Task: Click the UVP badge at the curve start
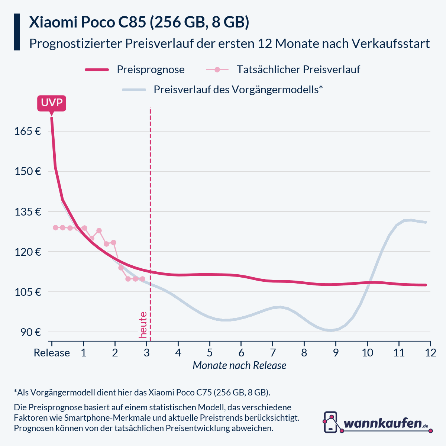(x=52, y=103)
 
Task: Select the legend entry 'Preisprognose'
(x=151, y=70)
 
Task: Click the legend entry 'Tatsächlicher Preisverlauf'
(x=298, y=70)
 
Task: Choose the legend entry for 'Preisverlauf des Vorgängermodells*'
(x=238, y=90)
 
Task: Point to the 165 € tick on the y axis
(x=28, y=131)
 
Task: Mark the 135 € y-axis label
(x=28, y=212)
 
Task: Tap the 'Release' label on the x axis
(x=52, y=353)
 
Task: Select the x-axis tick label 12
(x=430, y=353)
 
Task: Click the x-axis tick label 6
(x=241, y=353)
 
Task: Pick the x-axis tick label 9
(x=336, y=353)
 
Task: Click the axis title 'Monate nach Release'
(x=239, y=366)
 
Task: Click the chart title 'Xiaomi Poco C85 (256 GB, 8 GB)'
(x=139, y=22)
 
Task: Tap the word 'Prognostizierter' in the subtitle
(x=75, y=43)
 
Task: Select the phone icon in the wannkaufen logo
(x=330, y=422)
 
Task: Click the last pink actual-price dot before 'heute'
(x=142, y=279)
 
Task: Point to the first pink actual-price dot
(x=55, y=227)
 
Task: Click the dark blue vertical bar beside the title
(x=17, y=32)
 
